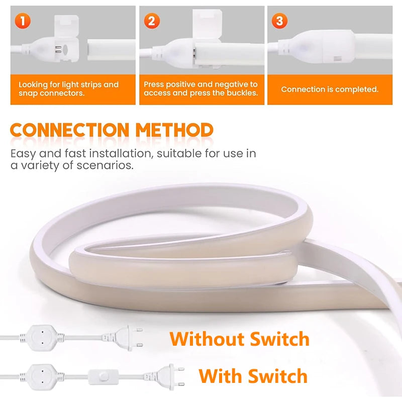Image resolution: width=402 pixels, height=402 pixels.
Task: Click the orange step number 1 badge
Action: [x=23, y=21]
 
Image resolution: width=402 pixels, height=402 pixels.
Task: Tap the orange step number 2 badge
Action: [x=152, y=21]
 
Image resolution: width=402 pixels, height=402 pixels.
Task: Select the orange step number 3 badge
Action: [x=279, y=21]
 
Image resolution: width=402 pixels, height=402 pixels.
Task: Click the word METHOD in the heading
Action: [x=174, y=130]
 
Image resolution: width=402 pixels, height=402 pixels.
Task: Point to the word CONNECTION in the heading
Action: [x=69, y=130]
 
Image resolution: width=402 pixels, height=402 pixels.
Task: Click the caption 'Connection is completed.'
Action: [x=330, y=89]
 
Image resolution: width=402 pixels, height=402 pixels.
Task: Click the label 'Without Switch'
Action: [x=240, y=339]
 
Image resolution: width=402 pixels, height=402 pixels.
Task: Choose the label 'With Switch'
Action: [x=253, y=376]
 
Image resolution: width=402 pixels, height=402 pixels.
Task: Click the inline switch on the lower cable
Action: [x=104, y=377]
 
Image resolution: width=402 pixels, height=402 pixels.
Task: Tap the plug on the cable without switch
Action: [x=123, y=338]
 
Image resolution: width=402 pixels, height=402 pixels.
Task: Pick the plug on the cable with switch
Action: [x=164, y=377]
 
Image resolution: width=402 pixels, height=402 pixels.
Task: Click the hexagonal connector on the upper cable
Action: [x=42, y=338]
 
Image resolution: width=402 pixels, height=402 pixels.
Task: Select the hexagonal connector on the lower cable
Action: [x=42, y=377]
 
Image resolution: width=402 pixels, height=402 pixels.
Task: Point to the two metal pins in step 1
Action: [x=58, y=49]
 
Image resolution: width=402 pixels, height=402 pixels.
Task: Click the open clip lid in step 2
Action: [x=207, y=24]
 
